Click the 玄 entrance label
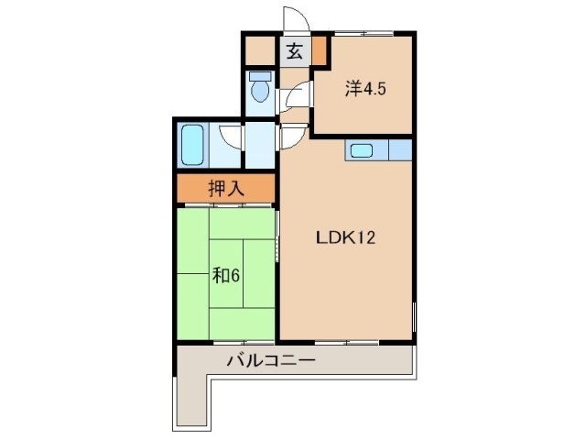294,51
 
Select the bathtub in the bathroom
193,144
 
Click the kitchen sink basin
361,150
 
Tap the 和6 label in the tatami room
226,274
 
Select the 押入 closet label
225,190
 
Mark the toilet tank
259,77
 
